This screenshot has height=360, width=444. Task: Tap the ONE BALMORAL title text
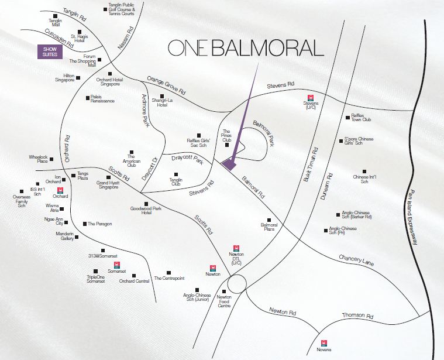245,48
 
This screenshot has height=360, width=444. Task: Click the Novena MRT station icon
323,343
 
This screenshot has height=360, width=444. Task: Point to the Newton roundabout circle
237,285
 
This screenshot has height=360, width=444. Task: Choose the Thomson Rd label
357,316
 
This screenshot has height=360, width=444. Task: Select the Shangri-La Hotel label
162,103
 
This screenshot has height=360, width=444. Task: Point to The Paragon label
100,224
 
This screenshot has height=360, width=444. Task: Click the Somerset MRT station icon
117,265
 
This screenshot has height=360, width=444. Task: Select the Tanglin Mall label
56,23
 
